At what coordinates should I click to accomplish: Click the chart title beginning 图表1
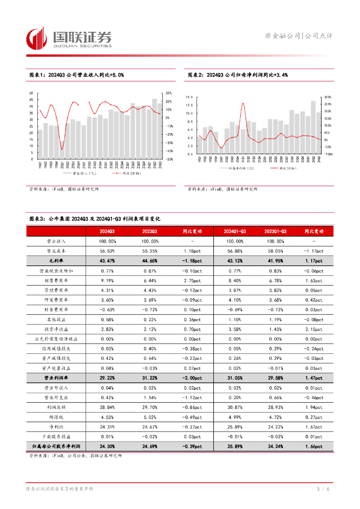pos(76,75)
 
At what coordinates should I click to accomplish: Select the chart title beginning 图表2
pos(238,75)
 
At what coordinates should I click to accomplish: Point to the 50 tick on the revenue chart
pos(31,93)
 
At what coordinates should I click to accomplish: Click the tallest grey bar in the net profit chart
pos(313,127)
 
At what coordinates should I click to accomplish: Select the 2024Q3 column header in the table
pos(107,232)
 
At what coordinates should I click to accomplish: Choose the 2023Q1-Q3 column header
pos(275,232)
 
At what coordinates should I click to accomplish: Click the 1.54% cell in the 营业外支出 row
pos(149,397)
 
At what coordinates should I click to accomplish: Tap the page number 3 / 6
pos(323,489)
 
